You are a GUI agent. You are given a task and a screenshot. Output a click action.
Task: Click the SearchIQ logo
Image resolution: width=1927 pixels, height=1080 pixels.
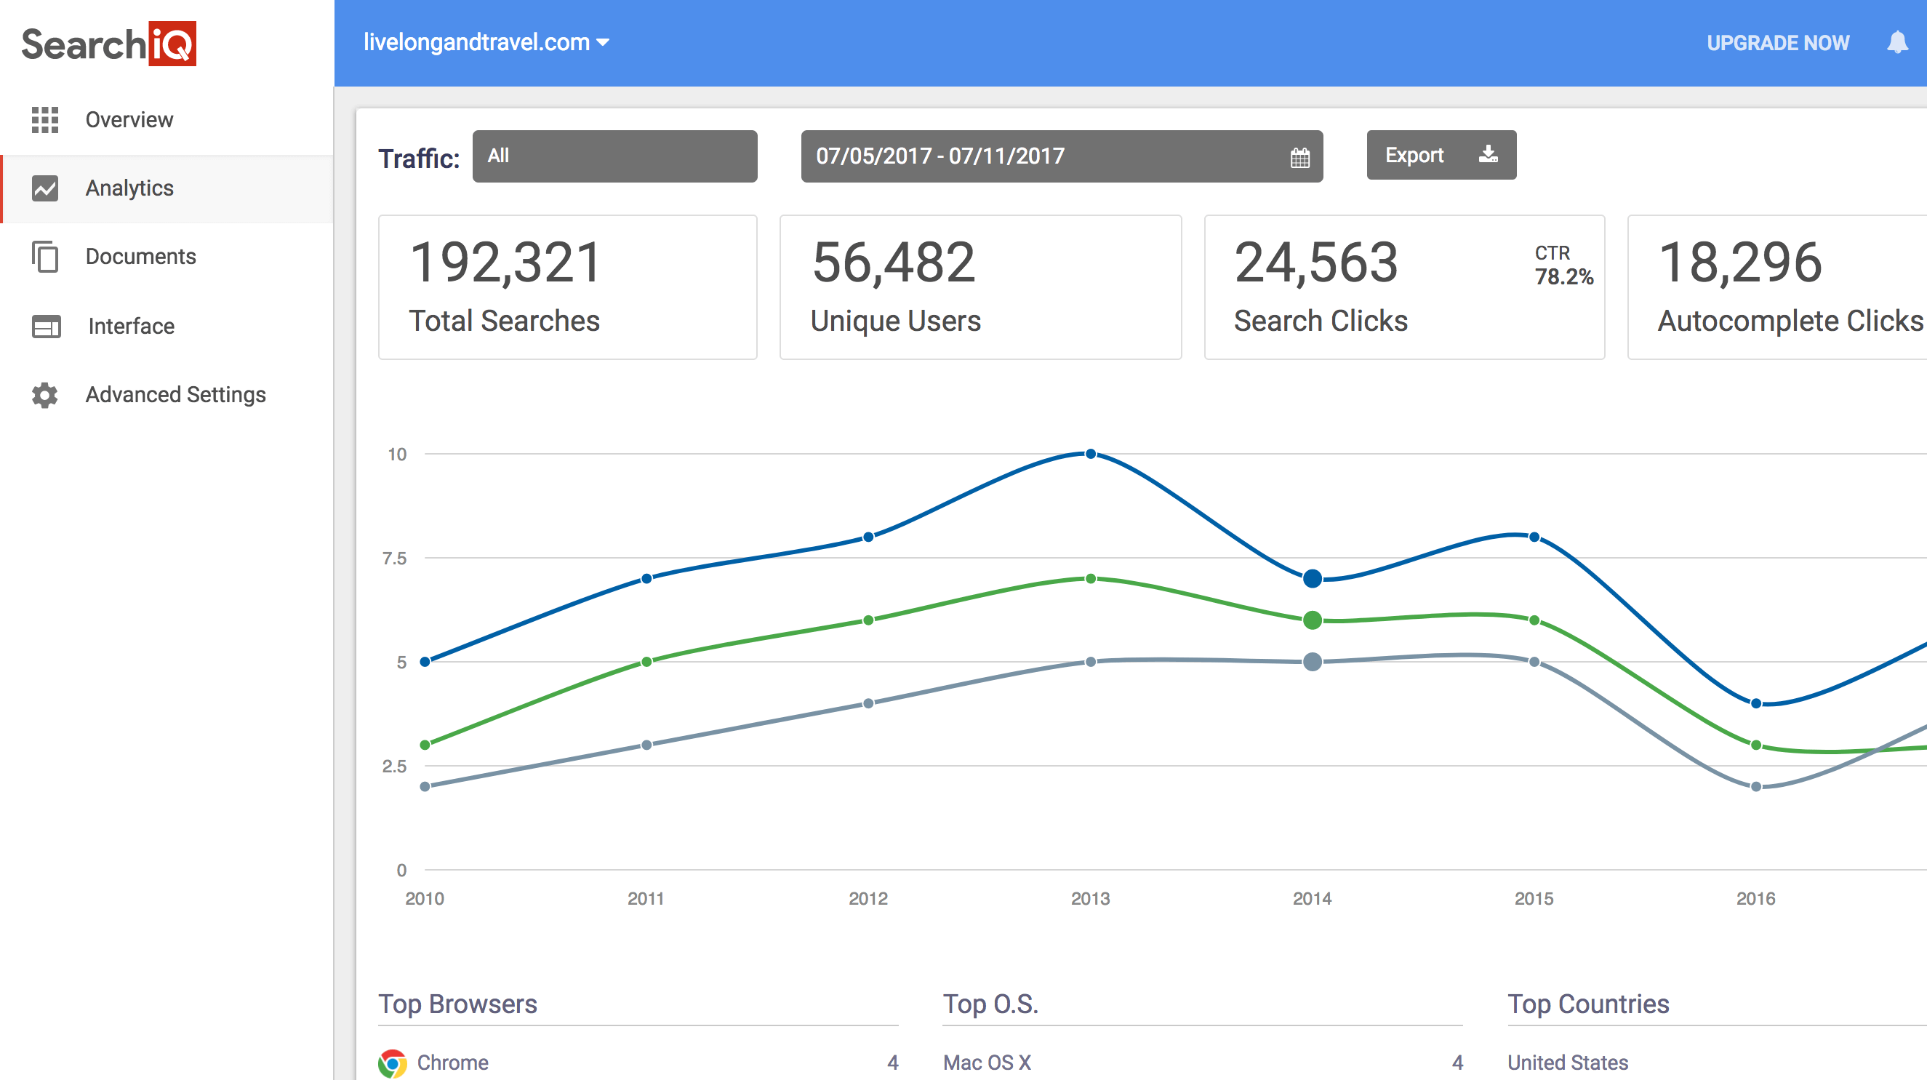pyautogui.click(x=108, y=44)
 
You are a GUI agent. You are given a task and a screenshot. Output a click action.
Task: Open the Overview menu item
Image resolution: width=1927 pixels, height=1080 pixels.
pyautogui.click(x=129, y=120)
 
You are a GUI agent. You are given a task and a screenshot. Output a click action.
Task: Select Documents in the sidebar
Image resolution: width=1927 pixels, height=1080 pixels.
pyautogui.click(x=140, y=257)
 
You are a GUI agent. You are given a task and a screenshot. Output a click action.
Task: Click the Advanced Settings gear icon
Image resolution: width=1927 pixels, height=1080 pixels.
pyautogui.click(x=45, y=395)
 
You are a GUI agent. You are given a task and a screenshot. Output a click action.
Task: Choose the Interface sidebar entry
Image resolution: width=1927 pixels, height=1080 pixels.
pyautogui.click(x=131, y=326)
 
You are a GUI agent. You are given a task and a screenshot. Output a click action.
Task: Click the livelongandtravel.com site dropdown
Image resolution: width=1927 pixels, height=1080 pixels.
pyautogui.click(x=486, y=43)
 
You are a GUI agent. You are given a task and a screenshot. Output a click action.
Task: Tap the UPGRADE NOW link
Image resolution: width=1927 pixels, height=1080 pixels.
pyautogui.click(x=1777, y=44)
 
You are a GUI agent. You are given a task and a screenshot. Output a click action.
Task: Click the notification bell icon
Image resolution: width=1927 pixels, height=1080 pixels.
pyautogui.click(x=1897, y=43)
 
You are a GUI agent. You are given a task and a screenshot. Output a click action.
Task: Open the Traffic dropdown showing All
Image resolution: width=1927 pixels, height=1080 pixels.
pyautogui.click(x=614, y=156)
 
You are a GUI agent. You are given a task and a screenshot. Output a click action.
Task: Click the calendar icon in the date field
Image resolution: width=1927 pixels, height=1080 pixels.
pyautogui.click(x=1299, y=158)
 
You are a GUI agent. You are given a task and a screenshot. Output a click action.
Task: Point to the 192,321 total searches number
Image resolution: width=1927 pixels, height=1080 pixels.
pyautogui.click(x=505, y=263)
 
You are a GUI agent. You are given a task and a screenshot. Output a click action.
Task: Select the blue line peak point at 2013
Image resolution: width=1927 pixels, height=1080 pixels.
pyautogui.click(x=1091, y=454)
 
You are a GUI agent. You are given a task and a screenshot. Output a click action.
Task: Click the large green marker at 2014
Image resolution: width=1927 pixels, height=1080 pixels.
pyautogui.click(x=1312, y=620)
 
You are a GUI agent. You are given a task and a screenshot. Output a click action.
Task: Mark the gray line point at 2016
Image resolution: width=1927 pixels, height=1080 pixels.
pyautogui.click(x=1755, y=787)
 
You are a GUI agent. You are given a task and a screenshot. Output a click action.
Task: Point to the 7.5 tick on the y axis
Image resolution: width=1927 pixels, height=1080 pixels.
pyautogui.click(x=394, y=559)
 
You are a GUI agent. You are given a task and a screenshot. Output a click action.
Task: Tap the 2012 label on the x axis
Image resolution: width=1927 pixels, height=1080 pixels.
pyautogui.click(x=868, y=899)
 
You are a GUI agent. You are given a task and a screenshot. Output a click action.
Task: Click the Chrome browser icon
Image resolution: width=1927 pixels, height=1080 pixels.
pyautogui.click(x=393, y=1063)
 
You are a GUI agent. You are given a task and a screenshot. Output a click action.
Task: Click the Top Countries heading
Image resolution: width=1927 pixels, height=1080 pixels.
pyautogui.click(x=1588, y=1004)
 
